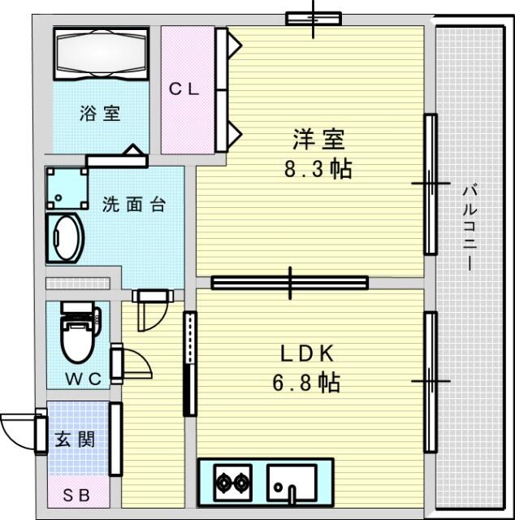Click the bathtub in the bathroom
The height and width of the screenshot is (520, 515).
coord(102,54)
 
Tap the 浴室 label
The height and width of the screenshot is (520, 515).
coord(100,114)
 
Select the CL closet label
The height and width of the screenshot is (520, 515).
coord(184,89)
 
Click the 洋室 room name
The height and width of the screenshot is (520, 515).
coord(318,140)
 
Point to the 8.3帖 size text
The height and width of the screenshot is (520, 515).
coord(318,169)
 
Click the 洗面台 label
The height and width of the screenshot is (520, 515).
coord(134,204)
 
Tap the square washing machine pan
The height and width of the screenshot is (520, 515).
coord(67,188)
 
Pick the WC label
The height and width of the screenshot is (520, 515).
coord(83,379)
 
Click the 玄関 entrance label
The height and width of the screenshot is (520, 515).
coord(75,440)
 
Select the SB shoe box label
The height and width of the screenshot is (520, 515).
coord(76,496)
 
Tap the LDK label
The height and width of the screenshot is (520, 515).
coord(307,353)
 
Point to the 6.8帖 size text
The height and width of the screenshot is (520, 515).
coord(306,383)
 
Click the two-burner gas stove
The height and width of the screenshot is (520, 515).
coord(233,483)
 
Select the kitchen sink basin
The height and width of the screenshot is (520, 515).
coord(292,483)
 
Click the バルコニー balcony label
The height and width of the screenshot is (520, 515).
coord(470,227)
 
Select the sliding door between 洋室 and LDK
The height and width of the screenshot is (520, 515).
coord(290,283)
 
